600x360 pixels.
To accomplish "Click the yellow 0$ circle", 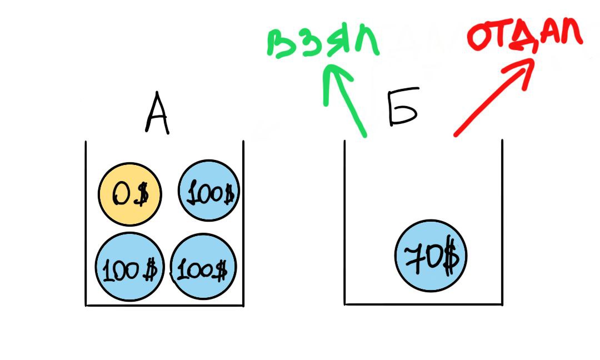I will tap(130, 194).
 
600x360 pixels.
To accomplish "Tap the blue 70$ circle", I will tap(431, 257).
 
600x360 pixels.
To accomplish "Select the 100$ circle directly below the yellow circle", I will tap(130, 267).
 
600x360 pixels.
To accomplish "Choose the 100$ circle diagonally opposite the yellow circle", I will tap(204, 269).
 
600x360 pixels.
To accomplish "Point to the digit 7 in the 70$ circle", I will tap(413, 257).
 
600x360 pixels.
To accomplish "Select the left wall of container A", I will tap(86, 222).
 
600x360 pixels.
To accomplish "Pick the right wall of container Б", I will tap(502, 222).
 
